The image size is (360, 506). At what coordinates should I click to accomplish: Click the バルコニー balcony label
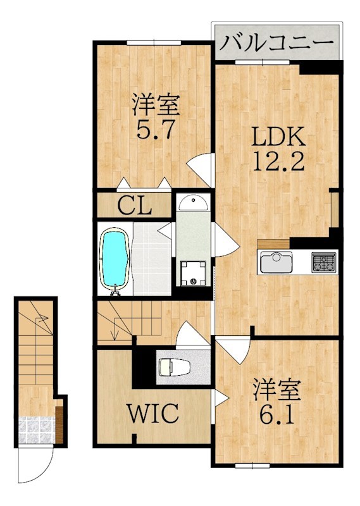(x=276, y=42)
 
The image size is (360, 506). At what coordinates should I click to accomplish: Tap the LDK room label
(x=278, y=137)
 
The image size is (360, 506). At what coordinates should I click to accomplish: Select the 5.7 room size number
(x=156, y=129)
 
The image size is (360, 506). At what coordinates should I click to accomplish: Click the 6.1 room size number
(x=277, y=416)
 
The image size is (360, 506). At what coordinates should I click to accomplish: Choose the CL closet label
(x=135, y=206)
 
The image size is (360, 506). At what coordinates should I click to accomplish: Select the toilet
(x=175, y=367)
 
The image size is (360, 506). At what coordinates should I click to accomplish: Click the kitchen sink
(x=276, y=261)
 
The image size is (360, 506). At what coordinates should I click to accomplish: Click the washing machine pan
(x=193, y=273)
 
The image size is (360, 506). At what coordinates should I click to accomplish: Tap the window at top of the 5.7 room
(x=154, y=42)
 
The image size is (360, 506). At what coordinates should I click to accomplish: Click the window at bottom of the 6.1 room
(x=252, y=466)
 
